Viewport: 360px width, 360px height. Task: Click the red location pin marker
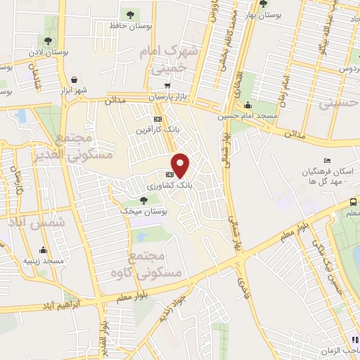tap(181, 165)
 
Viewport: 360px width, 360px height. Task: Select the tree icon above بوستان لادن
tap(48, 41)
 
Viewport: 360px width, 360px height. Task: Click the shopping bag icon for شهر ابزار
tap(74, 79)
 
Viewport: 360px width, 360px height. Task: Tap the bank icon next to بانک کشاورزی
tap(169, 174)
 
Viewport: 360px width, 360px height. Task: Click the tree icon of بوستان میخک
tap(143, 201)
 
